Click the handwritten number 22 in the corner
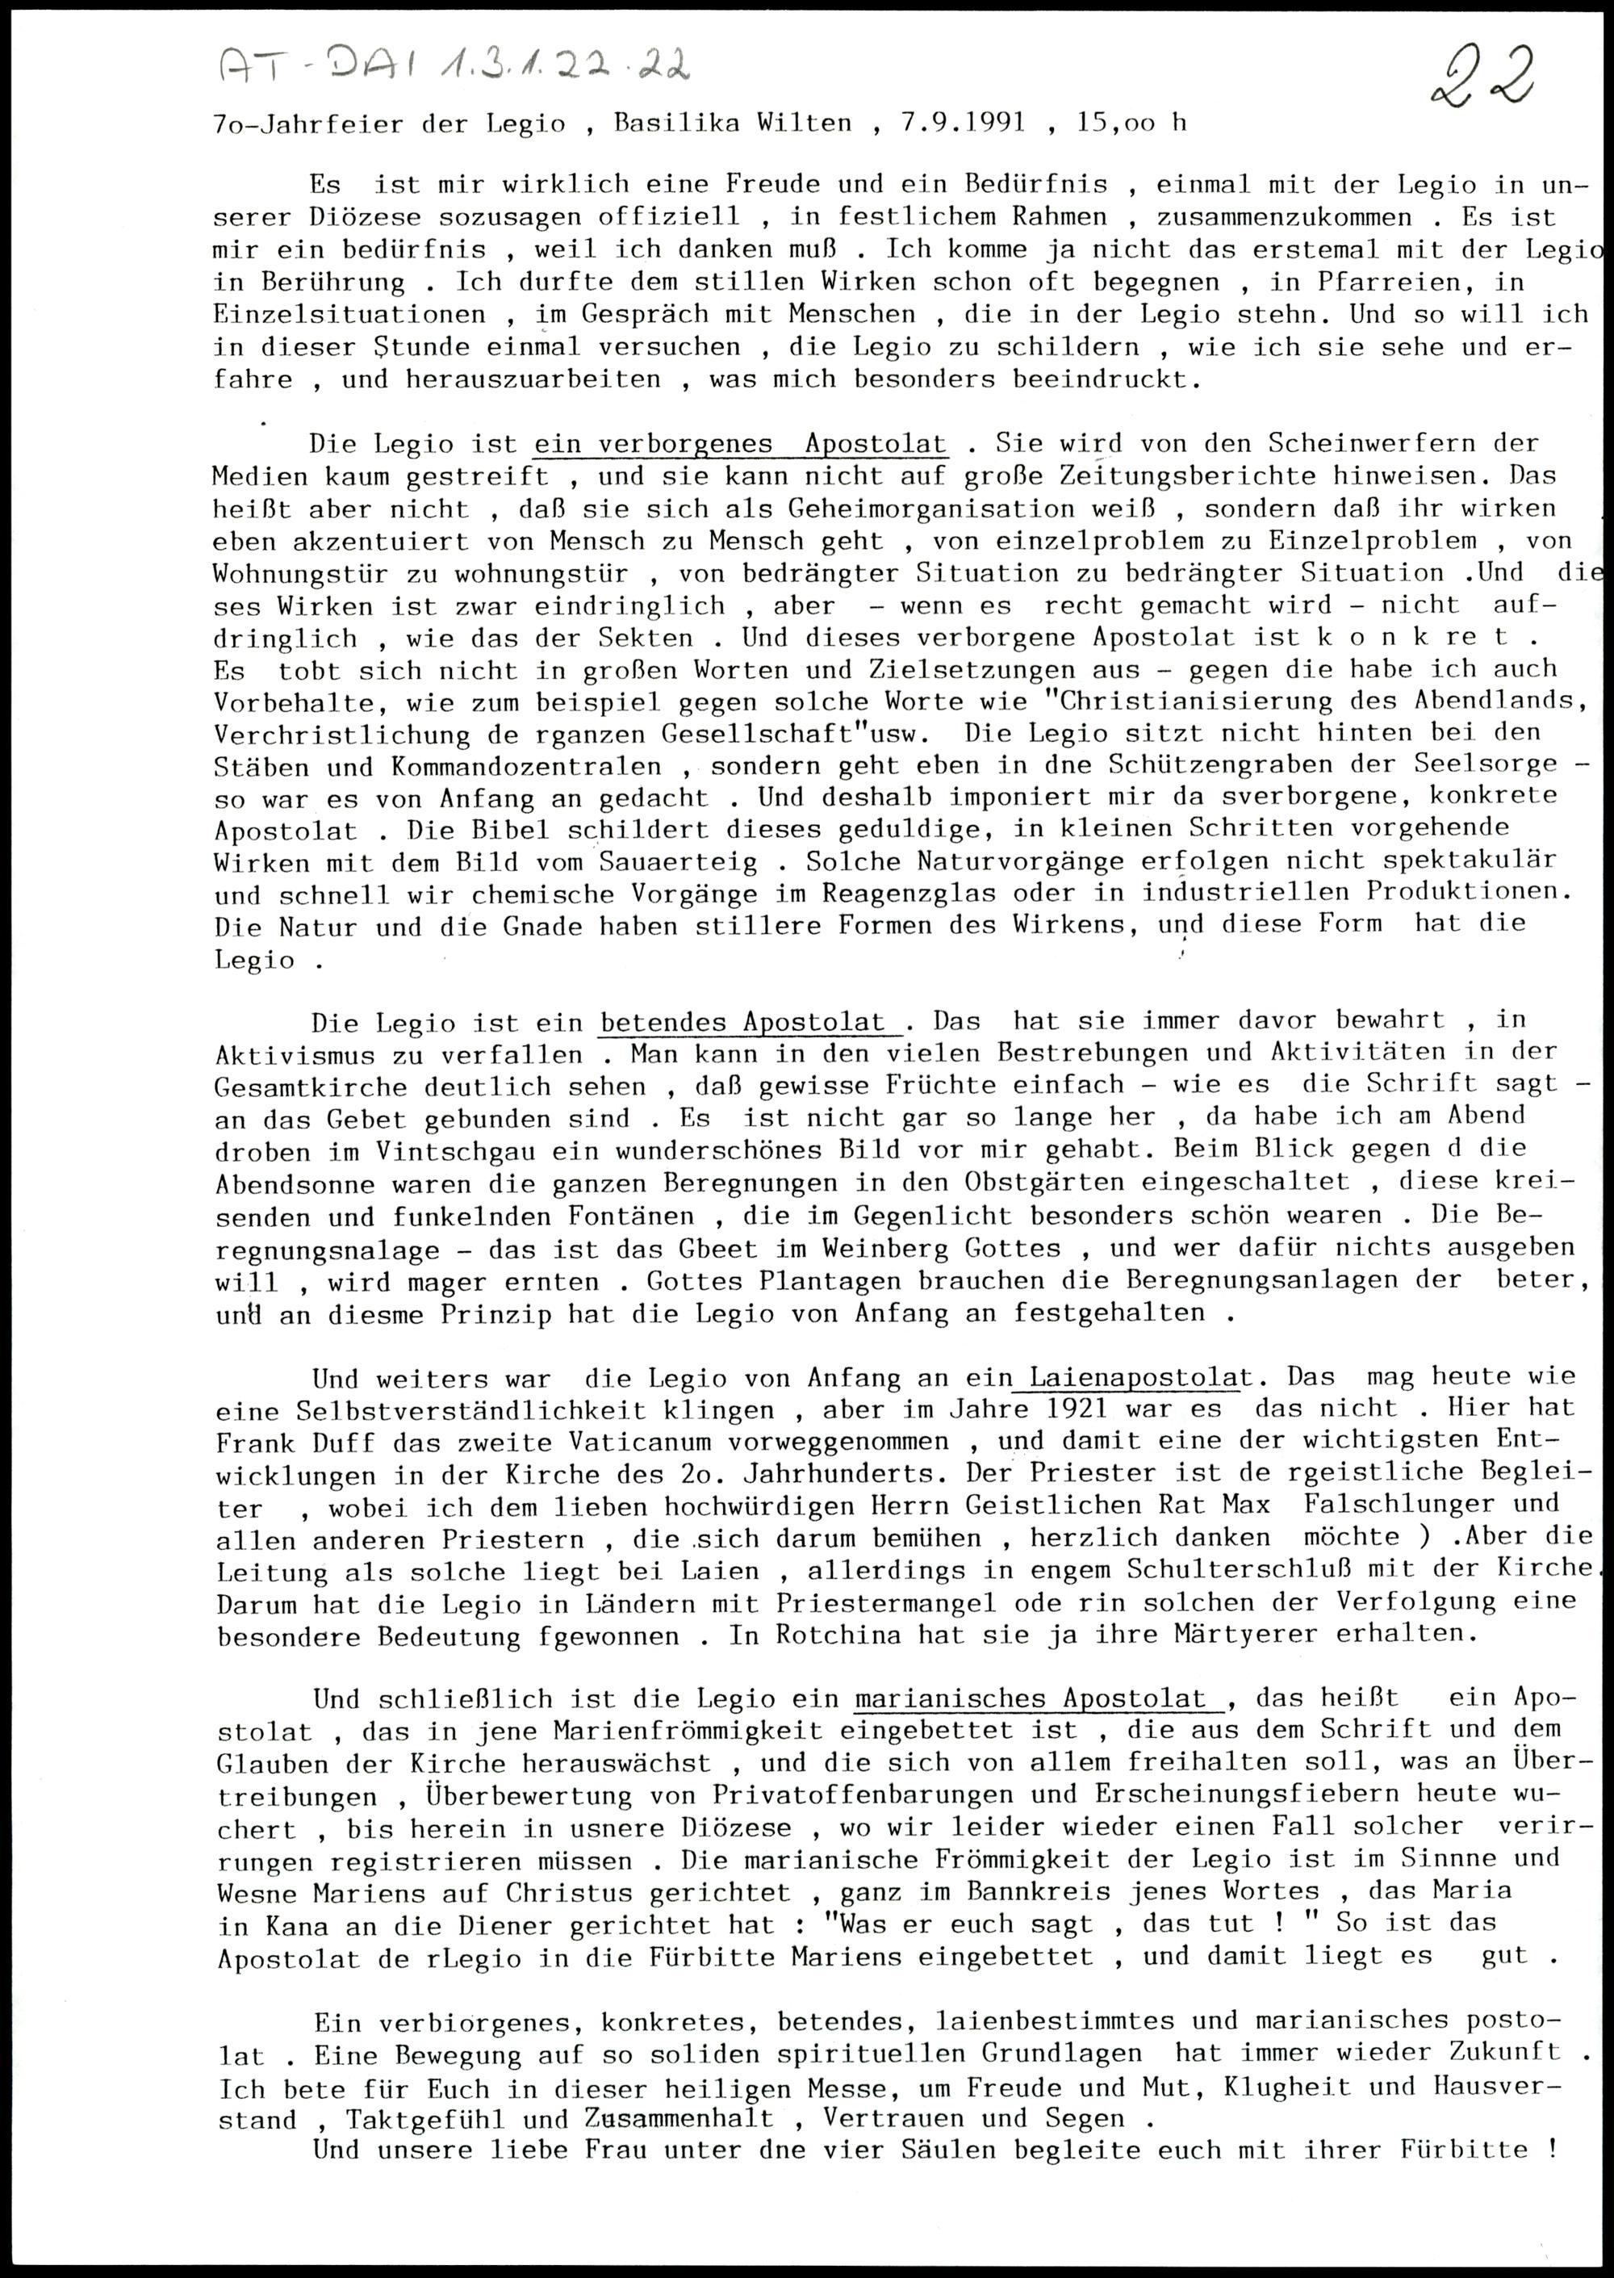pos(1481,77)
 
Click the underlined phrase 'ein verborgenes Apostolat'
pos(740,443)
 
